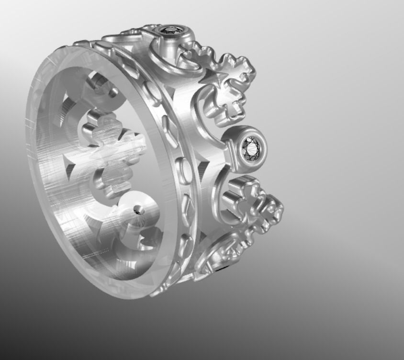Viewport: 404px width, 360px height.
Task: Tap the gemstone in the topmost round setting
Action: click(171, 30)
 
